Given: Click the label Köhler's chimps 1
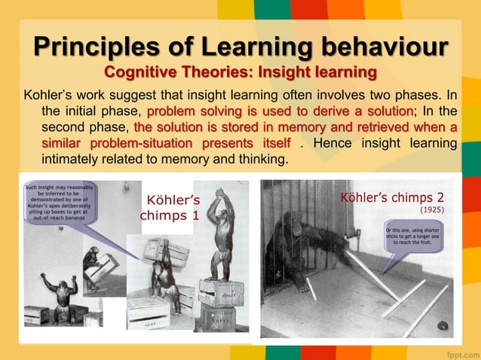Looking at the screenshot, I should click(173, 208).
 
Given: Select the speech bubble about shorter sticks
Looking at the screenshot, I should click(416, 236).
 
